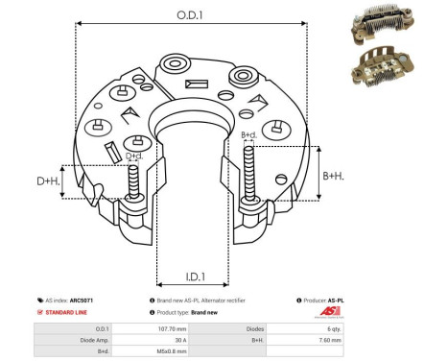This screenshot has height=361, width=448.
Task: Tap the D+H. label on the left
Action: tap(49, 180)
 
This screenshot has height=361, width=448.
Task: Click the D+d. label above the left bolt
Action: tap(134, 155)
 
